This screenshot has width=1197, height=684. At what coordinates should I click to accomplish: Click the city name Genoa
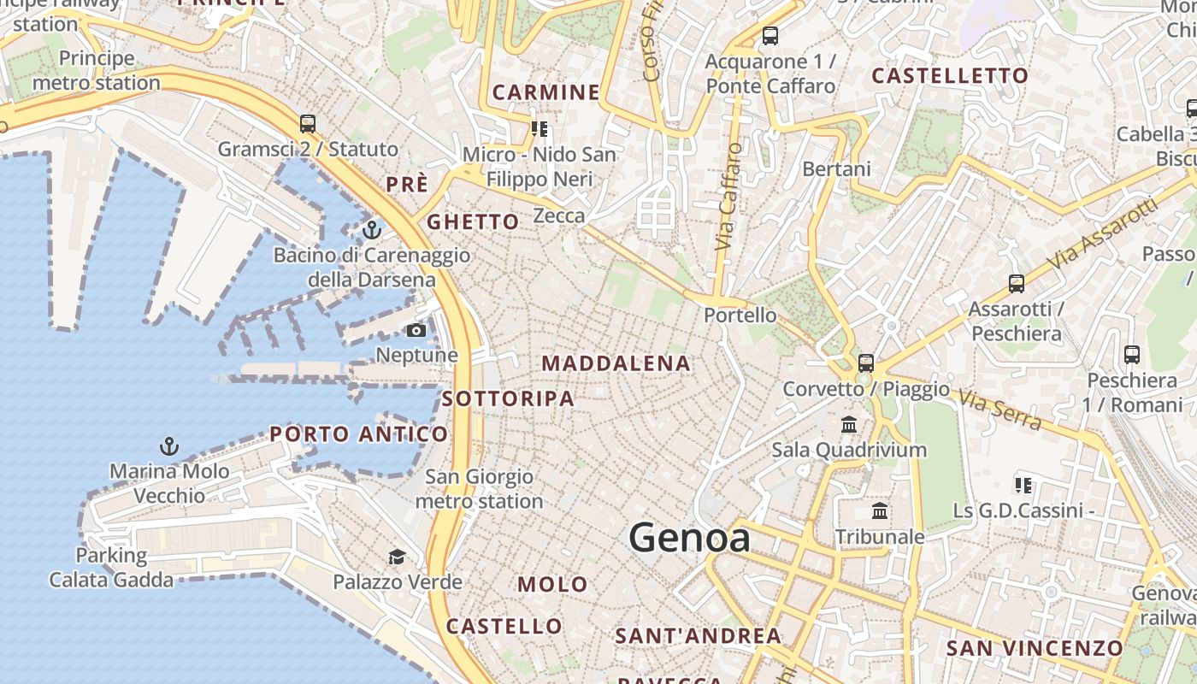tap(689, 538)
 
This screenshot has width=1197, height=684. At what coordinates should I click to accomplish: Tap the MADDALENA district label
tap(616, 363)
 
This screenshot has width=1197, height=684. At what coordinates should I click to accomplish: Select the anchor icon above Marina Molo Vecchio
tap(169, 445)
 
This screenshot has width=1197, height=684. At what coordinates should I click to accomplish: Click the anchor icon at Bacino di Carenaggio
tap(371, 229)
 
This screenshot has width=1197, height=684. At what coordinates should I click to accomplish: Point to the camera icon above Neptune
tap(416, 330)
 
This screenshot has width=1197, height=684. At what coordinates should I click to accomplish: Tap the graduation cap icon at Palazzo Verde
tap(397, 557)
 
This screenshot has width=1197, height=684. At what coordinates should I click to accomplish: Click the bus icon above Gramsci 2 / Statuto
tap(308, 124)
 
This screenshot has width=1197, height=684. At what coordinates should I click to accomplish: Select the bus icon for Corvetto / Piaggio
tap(866, 363)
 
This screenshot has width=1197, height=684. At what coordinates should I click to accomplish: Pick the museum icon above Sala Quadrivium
tap(849, 424)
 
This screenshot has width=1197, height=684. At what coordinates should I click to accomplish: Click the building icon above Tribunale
tap(880, 511)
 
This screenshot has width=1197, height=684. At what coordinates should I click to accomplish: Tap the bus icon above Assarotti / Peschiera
tap(1017, 283)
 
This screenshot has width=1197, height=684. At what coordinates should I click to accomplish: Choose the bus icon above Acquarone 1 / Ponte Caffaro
tap(770, 36)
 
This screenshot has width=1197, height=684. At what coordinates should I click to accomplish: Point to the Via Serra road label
tap(999, 410)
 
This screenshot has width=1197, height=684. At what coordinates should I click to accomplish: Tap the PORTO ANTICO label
tap(359, 434)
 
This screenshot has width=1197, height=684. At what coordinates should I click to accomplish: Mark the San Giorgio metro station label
tap(479, 489)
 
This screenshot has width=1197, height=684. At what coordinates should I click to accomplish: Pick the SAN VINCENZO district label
tap(1034, 648)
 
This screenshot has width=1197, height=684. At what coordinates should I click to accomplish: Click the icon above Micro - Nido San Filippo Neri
tap(540, 129)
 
